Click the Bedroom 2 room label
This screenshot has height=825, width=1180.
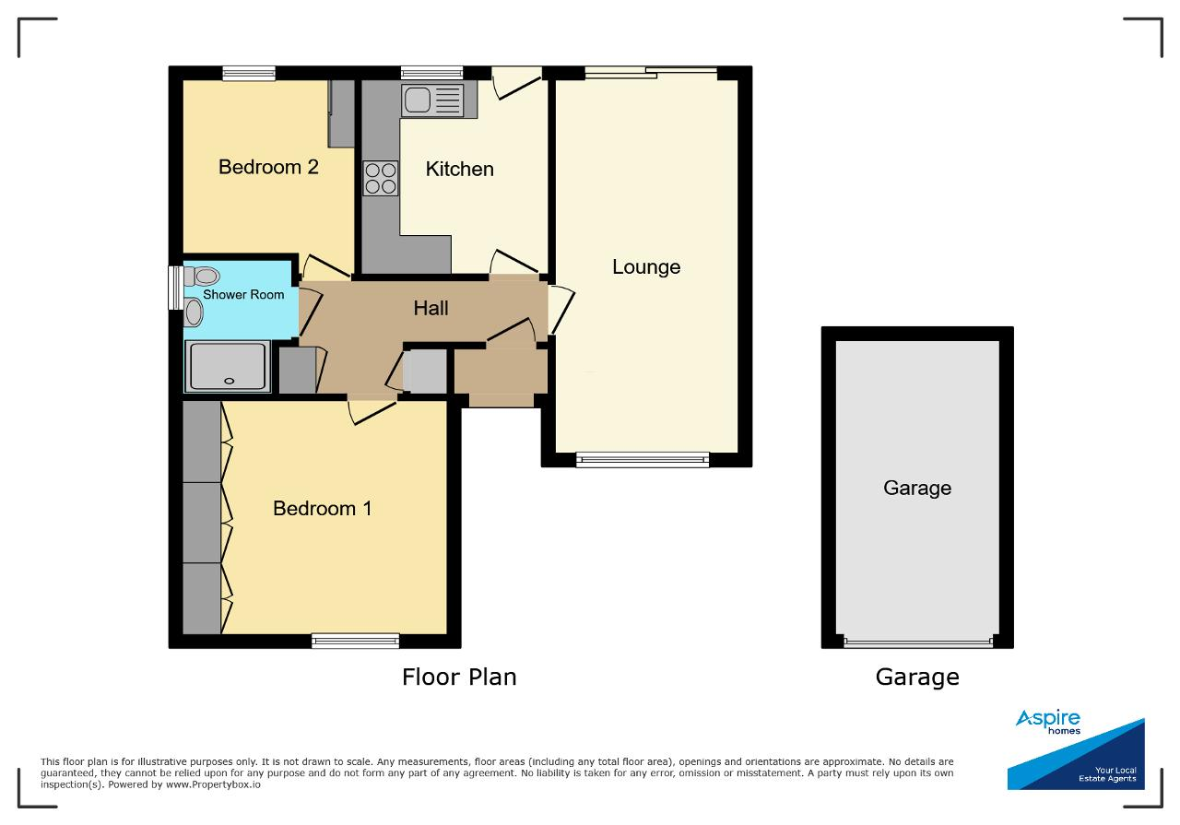[268, 167]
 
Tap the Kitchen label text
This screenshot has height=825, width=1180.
[459, 169]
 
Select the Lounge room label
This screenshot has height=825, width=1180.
[646, 267]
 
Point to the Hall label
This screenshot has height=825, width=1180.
[431, 308]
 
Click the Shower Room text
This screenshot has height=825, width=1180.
[243, 294]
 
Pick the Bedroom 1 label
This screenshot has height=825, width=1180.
[322, 509]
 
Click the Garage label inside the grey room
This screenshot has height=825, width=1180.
[917, 488]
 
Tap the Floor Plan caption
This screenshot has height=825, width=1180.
[459, 677]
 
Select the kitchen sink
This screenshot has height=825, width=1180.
[432, 100]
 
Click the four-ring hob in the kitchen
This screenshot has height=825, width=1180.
[381, 178]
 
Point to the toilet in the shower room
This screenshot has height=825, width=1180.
[202, 276]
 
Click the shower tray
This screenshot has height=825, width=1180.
[228, 366]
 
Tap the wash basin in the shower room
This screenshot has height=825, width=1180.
[194, 312]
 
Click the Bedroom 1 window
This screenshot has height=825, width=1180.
[356, 641]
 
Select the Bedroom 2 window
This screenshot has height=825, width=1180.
[249, 73]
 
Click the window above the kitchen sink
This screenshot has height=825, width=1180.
[431, 73]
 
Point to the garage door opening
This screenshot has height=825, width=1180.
[917, 642]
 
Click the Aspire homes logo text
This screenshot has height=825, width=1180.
[1048, 722]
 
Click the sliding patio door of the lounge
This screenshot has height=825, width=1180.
[651, 73]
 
